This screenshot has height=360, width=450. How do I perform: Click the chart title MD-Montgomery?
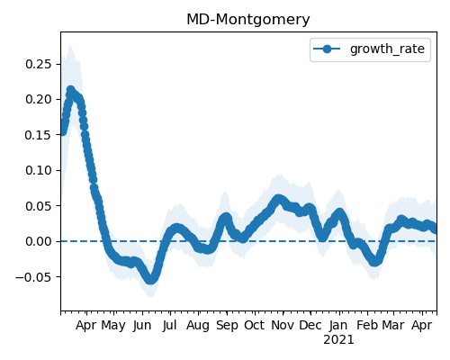coord(248,20)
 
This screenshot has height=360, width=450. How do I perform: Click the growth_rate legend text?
coord(387,49)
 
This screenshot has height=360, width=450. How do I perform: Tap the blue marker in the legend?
coord(327,49)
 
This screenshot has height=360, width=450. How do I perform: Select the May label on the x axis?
coord(113,326)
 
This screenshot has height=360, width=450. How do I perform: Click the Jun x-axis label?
coord(142,326)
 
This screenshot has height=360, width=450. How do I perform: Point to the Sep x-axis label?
coord(227,326)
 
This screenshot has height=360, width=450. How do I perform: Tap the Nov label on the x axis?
coord(283,325)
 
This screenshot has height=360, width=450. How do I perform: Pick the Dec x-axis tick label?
coord(310,325)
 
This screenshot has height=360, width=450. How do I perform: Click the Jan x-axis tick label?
coord(338,326)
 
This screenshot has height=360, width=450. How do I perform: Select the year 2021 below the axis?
coord(338,340)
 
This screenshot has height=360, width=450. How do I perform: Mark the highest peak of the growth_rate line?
coord(70,90)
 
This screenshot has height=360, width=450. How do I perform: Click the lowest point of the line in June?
coord(150,280)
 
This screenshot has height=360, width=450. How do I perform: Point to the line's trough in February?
coord(374,262)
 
